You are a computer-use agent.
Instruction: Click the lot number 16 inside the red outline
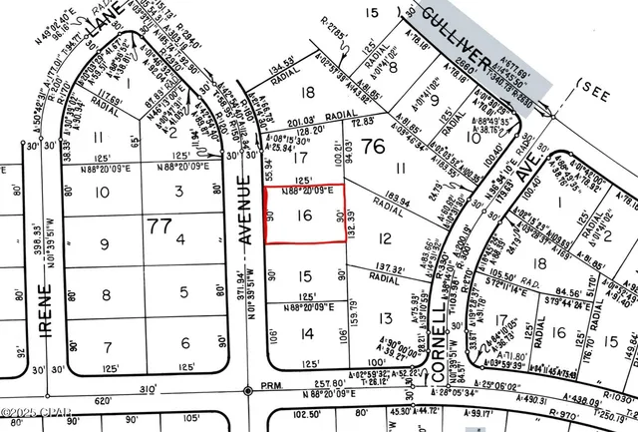click(305, 215)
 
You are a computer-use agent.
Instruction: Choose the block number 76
click(346, 148)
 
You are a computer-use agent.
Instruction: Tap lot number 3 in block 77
click(179, 191)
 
